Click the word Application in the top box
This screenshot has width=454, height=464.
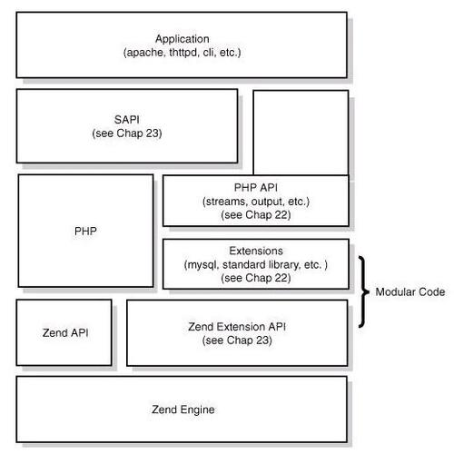tap(183, 39)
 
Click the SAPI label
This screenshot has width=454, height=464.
tap(127, 120)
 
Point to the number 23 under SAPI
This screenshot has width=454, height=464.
tap(153, 133)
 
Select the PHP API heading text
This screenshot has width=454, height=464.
tap(256, 188)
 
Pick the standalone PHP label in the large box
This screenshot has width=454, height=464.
tap(85, 232)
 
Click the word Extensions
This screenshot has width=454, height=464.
tap(256, 251)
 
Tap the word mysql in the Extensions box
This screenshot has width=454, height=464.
tap(202, 265)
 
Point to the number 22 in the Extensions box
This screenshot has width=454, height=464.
tap(282, 278)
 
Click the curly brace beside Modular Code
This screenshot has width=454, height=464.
tap(364, 291)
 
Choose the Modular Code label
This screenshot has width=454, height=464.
tap(410, 292)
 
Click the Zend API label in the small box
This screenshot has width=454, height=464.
tap(65, 333)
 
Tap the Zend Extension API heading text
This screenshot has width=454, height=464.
tap(237, 327)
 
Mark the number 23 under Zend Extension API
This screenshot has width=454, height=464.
tap(263, 341)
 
